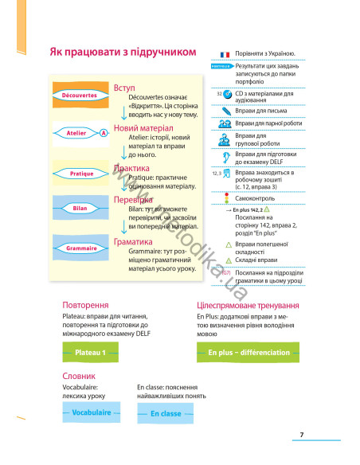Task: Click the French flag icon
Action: (225, 53)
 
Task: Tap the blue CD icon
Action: (228, 94)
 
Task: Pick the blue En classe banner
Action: (166, 413)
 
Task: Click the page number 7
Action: (302, 433)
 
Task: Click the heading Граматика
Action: (134, 241)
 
